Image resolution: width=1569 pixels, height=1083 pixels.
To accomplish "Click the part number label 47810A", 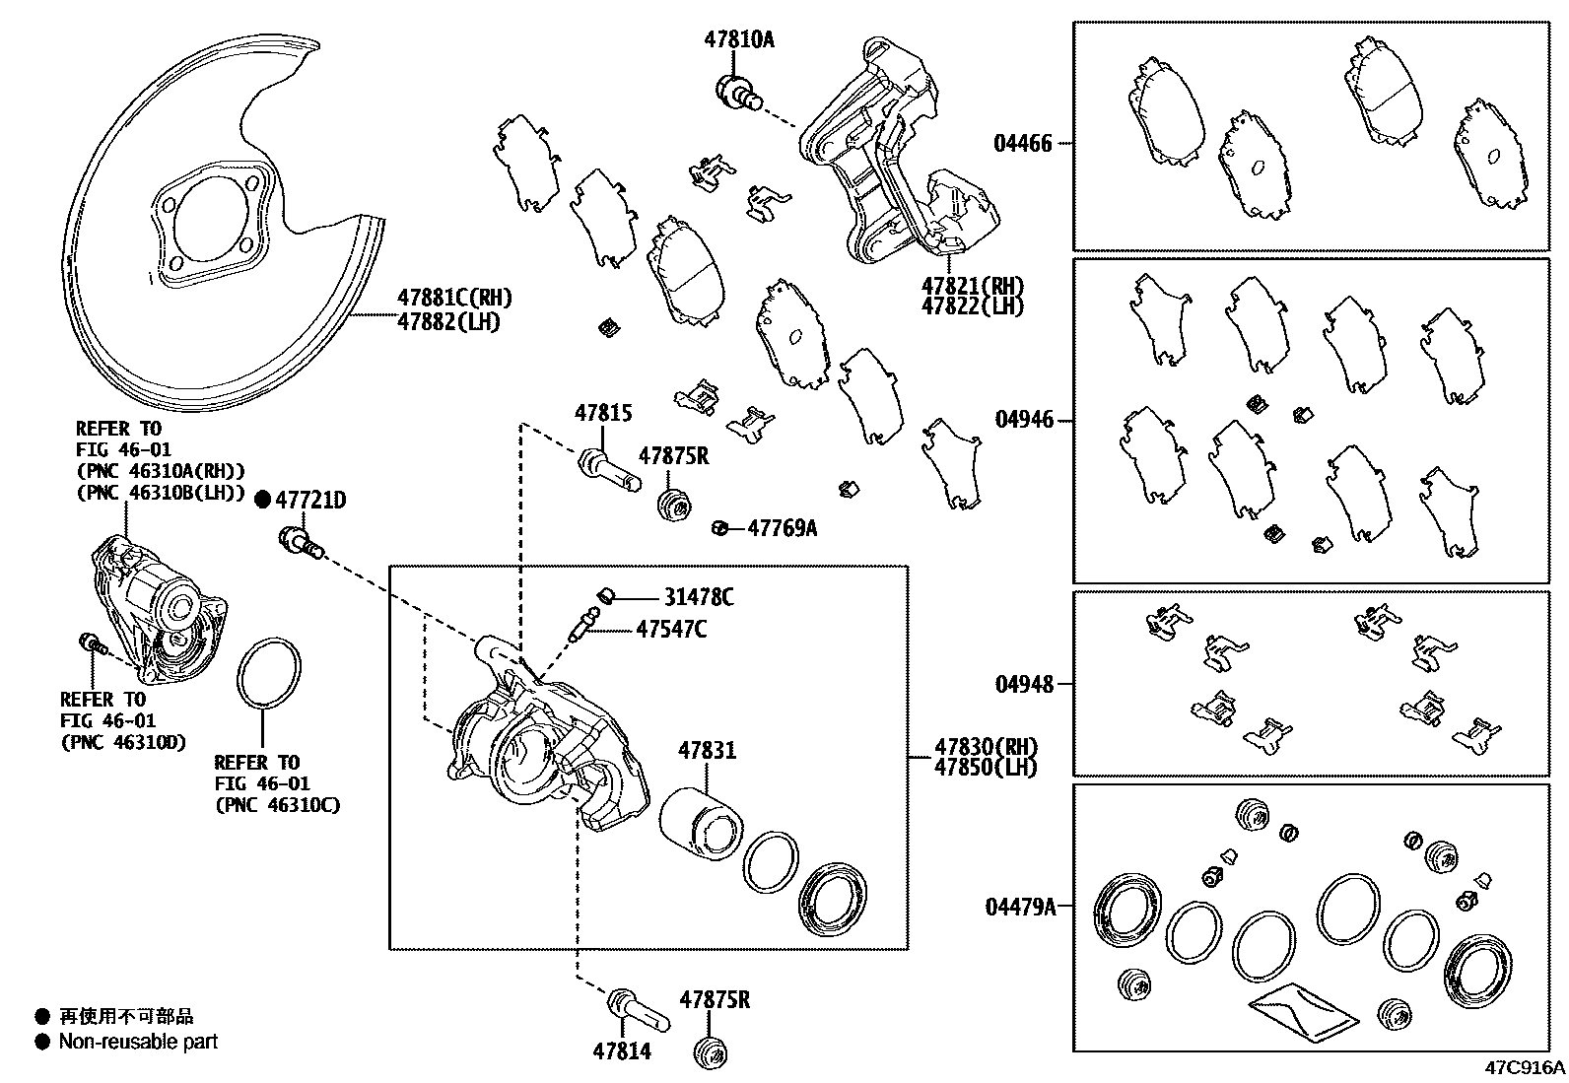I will coord(738,40).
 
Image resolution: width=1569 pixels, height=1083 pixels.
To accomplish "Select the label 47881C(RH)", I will coord(454,298).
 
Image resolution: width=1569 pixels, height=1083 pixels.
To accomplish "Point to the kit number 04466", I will coord(1022,144).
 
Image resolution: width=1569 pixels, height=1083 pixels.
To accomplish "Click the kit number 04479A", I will coord(1019,907).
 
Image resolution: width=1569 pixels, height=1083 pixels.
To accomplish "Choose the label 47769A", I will coord(782,528).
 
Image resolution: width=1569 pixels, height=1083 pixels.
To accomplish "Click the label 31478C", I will coord(698,597).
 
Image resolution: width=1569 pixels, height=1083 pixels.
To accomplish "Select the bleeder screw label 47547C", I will coord(670,629).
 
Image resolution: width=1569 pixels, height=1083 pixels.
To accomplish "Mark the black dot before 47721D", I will coord(262,501).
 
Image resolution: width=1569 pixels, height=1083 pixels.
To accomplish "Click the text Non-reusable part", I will coord(137,1042).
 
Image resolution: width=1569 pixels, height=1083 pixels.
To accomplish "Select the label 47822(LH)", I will coord(972,306).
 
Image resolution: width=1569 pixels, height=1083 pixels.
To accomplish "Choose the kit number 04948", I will coord(1023,684).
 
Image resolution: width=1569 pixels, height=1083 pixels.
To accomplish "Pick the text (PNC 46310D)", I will coord(122,742).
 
